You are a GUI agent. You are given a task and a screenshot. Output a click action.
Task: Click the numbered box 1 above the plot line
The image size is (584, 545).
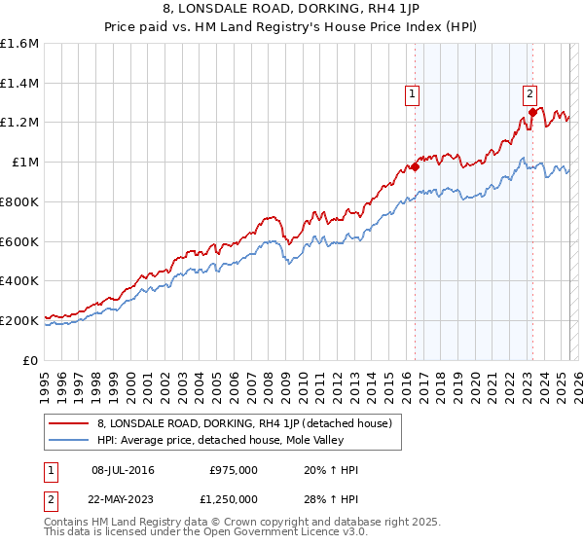413,94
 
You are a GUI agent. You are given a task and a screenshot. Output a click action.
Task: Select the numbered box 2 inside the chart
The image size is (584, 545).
529,94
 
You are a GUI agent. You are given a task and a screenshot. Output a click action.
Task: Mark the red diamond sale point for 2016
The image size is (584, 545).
415,166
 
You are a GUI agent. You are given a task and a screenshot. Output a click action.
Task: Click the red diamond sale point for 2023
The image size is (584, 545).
532,112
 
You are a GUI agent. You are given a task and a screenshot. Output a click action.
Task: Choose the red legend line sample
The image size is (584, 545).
69,423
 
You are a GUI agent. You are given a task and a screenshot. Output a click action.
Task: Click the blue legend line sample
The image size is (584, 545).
69,440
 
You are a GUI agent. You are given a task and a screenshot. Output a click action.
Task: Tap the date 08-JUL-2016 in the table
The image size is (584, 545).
121,470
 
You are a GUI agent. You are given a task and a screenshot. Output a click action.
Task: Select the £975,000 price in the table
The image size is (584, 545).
234,470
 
